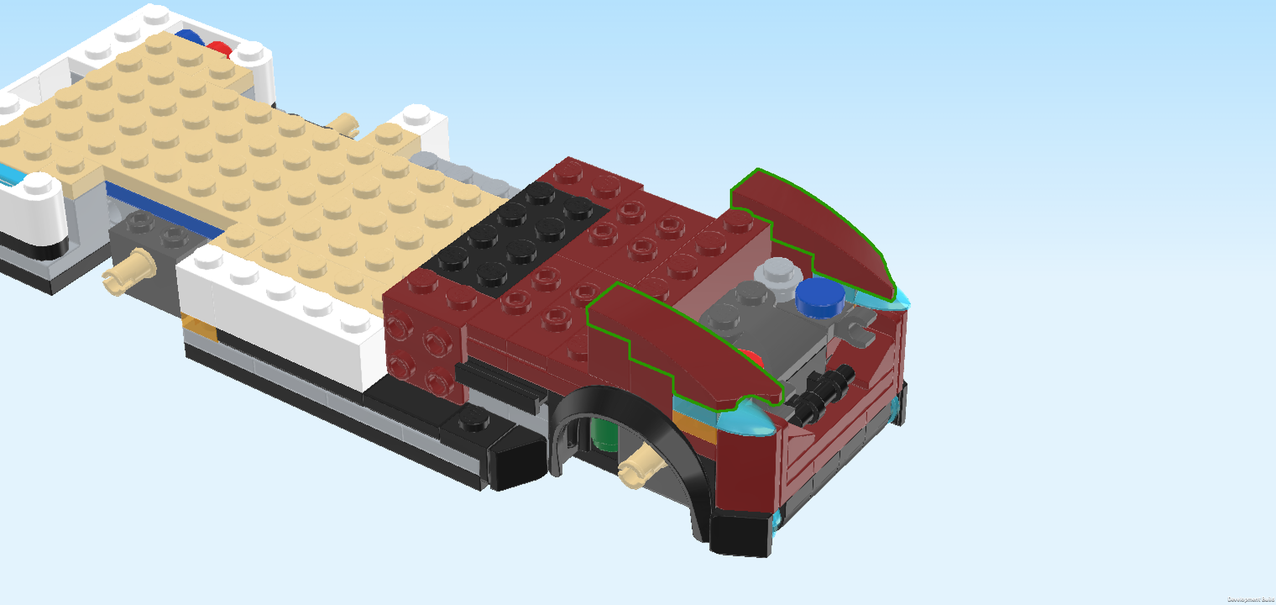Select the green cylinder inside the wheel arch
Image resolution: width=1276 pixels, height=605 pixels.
(x=605, y=434)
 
